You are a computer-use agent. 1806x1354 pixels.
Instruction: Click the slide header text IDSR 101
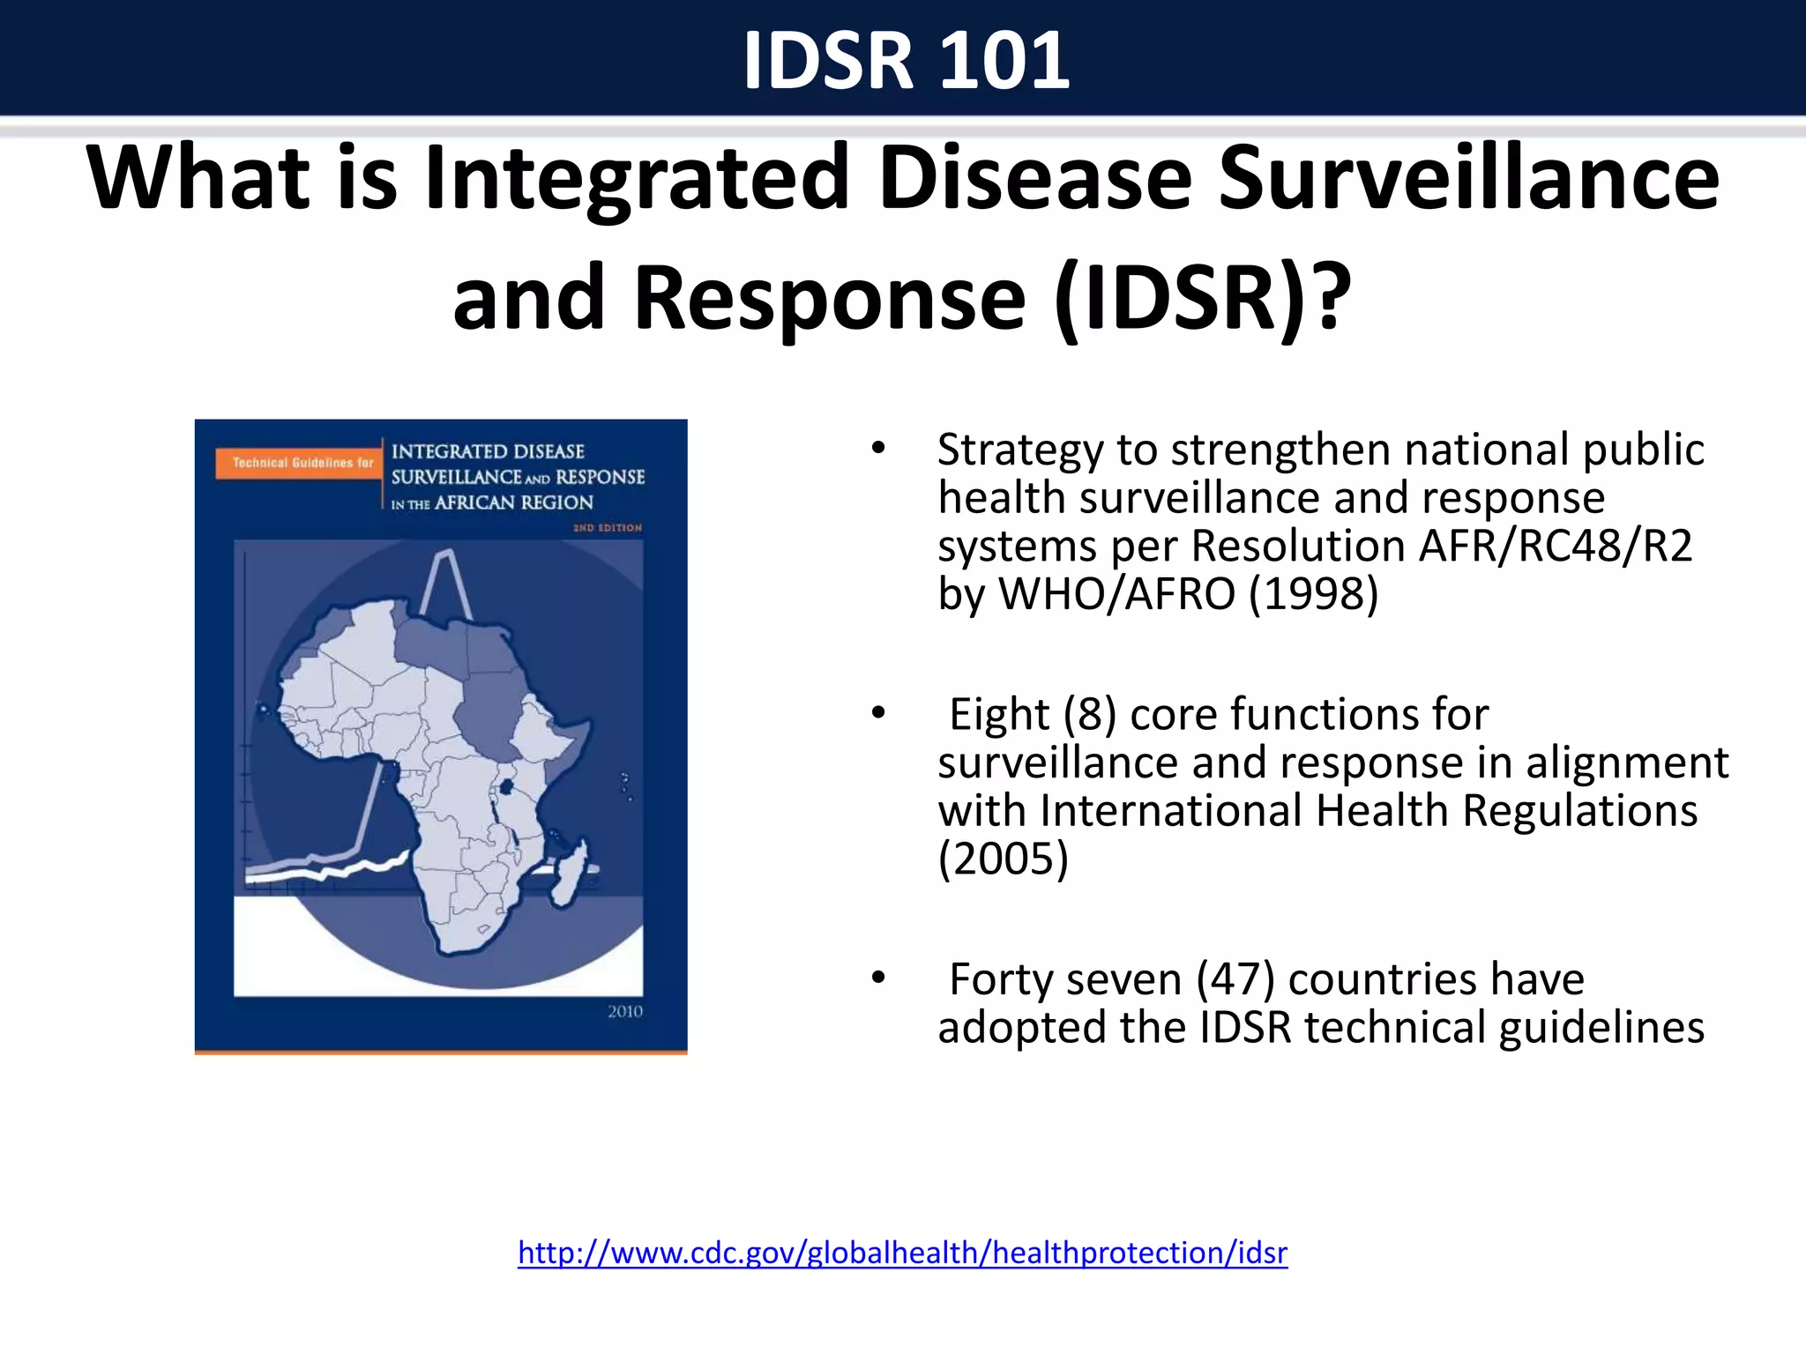(x=906, y=60)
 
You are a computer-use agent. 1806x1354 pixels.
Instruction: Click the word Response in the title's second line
(x=830, y=298)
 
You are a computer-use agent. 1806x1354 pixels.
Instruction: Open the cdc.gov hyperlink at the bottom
(x=902, y=1253)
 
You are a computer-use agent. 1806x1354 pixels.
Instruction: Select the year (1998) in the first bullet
(x=1313, y=593)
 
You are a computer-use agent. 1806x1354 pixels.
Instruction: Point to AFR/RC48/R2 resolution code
(x=1556, y=546)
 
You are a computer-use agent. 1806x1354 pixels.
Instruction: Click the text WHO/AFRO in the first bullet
(x=1116, y=593)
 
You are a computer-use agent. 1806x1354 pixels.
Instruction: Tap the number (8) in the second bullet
(x=1089, y=714)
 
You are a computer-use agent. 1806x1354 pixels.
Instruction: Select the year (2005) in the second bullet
(x=1003, y=859)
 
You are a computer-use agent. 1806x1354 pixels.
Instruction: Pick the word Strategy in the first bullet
(x=1020, y=450)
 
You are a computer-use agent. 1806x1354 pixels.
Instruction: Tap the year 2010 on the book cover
(x=624, y=1011)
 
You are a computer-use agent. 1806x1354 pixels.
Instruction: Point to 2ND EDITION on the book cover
(x=608, y=528)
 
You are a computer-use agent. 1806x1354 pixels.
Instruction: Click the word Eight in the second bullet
(x=999, y=714)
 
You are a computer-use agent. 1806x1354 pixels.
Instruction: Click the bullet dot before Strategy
(x=877, y=449)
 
